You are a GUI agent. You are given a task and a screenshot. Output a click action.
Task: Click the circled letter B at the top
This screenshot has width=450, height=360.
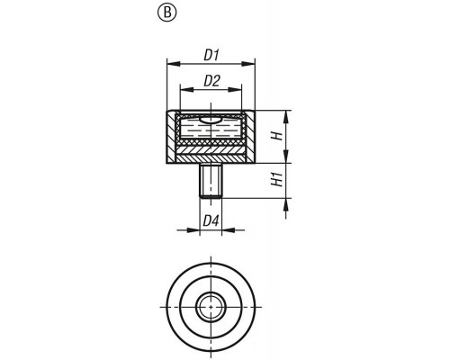tap(167, 13)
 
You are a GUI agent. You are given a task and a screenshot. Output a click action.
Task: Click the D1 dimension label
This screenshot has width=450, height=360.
tap(211, 56)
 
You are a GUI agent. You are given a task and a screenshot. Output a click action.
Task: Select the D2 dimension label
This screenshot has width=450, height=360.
tap(211, 81)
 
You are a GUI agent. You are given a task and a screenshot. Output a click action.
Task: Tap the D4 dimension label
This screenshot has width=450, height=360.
tap(211, 221)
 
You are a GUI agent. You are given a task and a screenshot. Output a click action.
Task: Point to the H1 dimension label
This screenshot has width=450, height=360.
tap(277, 179)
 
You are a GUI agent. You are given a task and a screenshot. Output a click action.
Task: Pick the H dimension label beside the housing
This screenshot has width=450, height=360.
tap(277, 136)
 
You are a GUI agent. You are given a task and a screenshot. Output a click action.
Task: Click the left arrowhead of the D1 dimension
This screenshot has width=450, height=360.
tap(174, 64)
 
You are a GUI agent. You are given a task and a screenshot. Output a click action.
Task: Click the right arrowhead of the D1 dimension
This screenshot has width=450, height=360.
tap(247, 64)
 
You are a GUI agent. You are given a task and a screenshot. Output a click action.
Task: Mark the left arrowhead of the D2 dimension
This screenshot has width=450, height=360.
tap(186, 89)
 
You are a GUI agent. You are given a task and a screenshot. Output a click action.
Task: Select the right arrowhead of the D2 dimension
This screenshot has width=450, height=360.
tap(235, 89)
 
